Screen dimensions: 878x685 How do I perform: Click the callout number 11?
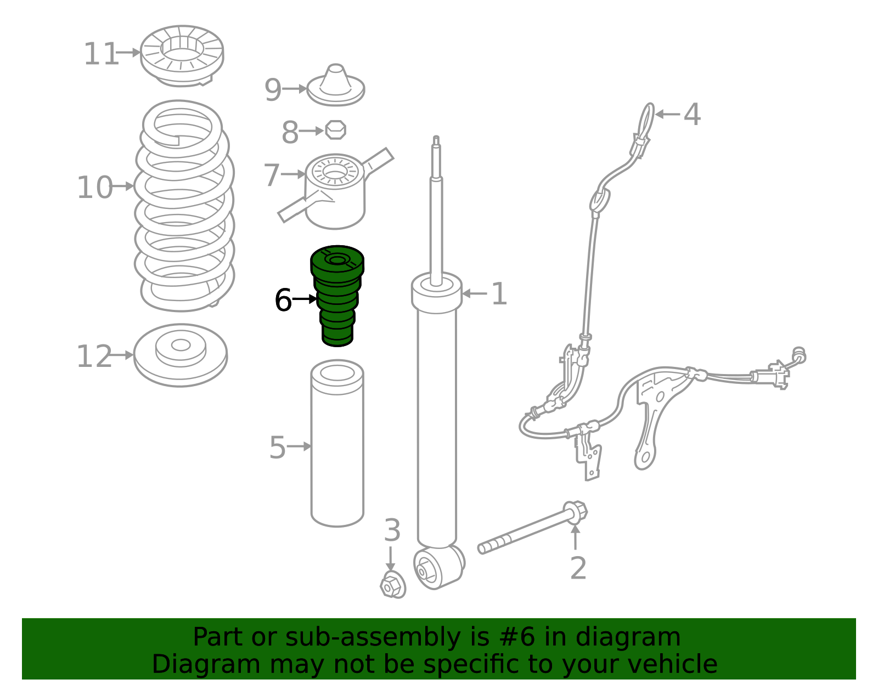101,54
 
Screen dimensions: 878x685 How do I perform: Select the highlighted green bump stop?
337,296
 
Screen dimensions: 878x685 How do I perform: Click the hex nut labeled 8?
336,130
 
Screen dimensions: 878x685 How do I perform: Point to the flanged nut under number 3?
393,585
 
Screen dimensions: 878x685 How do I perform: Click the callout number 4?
692,114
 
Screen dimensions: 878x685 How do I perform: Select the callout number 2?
578,568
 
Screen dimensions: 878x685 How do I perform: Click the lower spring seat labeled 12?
181,355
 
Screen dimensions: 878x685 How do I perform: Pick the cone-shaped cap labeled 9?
336,85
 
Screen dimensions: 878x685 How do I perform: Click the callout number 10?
94,188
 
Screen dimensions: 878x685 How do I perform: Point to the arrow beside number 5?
300,446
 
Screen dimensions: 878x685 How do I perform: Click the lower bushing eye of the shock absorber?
439,568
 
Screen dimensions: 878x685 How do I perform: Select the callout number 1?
499,294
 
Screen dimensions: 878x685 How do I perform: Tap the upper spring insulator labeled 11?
182,56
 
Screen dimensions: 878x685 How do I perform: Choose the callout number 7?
272,175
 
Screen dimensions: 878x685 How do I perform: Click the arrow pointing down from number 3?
390,559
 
